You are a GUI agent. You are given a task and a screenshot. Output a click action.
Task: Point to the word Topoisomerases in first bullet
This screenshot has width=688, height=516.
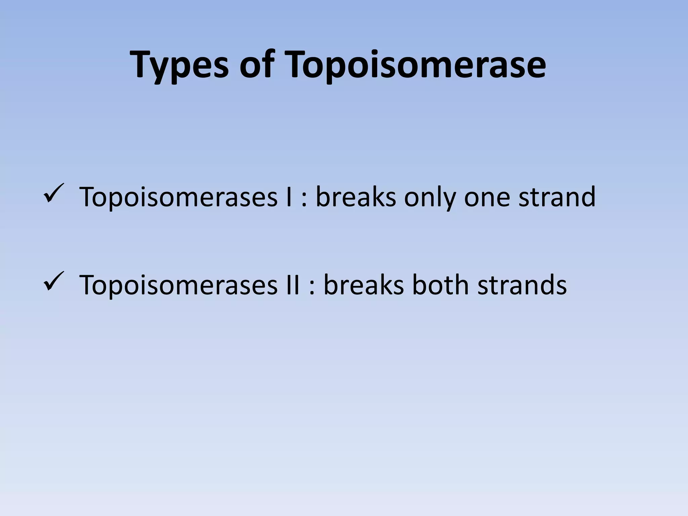coord(178,197)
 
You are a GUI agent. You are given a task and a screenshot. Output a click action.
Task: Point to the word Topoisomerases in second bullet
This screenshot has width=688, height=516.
coord(178,285)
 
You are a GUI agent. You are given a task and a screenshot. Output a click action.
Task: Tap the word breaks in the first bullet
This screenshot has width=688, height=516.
coord(356,197)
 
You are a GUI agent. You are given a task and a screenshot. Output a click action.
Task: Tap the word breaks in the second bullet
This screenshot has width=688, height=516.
coord(363,285)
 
